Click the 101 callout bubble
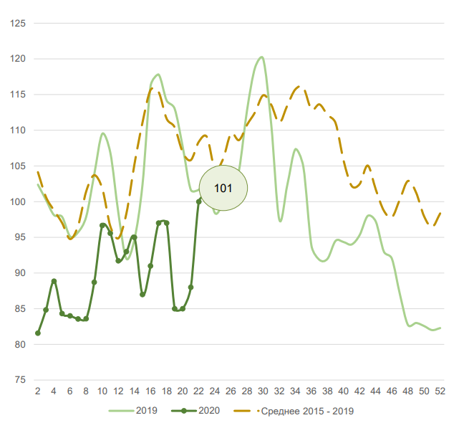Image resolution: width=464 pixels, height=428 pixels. point(223,188)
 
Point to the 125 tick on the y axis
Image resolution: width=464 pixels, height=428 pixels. point(16,24)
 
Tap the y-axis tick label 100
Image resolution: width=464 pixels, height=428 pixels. point(16,202)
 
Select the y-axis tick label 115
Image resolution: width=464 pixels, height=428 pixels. point(16,95)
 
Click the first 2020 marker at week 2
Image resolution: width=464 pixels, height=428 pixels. point(37,333)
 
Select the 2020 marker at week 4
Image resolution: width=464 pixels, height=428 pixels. point(54,281)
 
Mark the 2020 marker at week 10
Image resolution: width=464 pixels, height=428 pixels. point(102,226)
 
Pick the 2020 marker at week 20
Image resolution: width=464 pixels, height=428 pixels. point(183,309)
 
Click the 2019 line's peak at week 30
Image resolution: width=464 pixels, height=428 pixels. point(261,57)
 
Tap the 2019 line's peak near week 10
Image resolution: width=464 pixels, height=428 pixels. point(103,133)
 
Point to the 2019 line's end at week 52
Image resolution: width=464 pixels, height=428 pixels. point(440,328)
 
